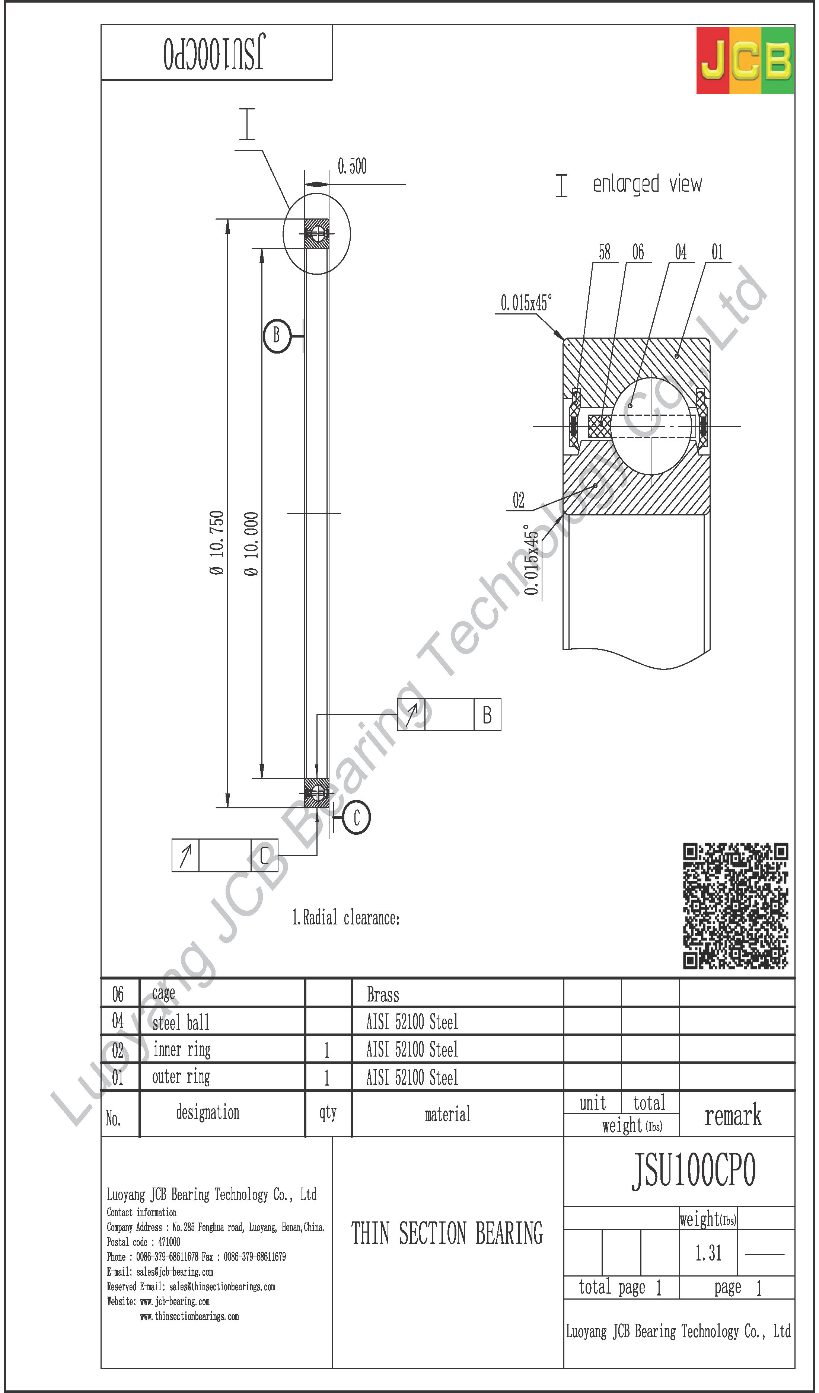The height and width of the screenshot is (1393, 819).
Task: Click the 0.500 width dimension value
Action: pyautogui.click(x=352, y=166)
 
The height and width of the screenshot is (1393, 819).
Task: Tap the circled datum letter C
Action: pyautogui.click(x=357, y=818)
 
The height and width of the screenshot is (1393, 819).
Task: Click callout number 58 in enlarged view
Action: pyautogui.click(x=605, y=253)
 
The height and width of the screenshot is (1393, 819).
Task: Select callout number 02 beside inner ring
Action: pyautogui.click(x=518, y=500)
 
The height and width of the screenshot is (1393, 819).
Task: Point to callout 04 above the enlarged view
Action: pyautogui.click(x=681, y=253)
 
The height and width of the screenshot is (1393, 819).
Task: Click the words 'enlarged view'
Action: pyautogui.click(x=647, y=184)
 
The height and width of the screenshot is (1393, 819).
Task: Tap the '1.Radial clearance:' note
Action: pyautogui.click(x=345, y=918)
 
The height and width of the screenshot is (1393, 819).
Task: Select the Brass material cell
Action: pyautogui.click(x=383, y=995)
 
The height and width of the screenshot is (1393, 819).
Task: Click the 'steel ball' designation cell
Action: pyautogui.click(x=181, y=1023)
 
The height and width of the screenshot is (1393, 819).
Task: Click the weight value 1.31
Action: pyautogui.click(x=708, y=1253)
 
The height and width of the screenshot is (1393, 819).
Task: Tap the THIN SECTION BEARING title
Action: pyautogui.click(x=447, y=1234)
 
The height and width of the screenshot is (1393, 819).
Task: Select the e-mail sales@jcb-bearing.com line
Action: pyautogui.click(x=160, y=1272)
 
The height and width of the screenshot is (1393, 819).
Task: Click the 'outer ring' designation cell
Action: pyautogui.click(x=181, y=1077)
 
